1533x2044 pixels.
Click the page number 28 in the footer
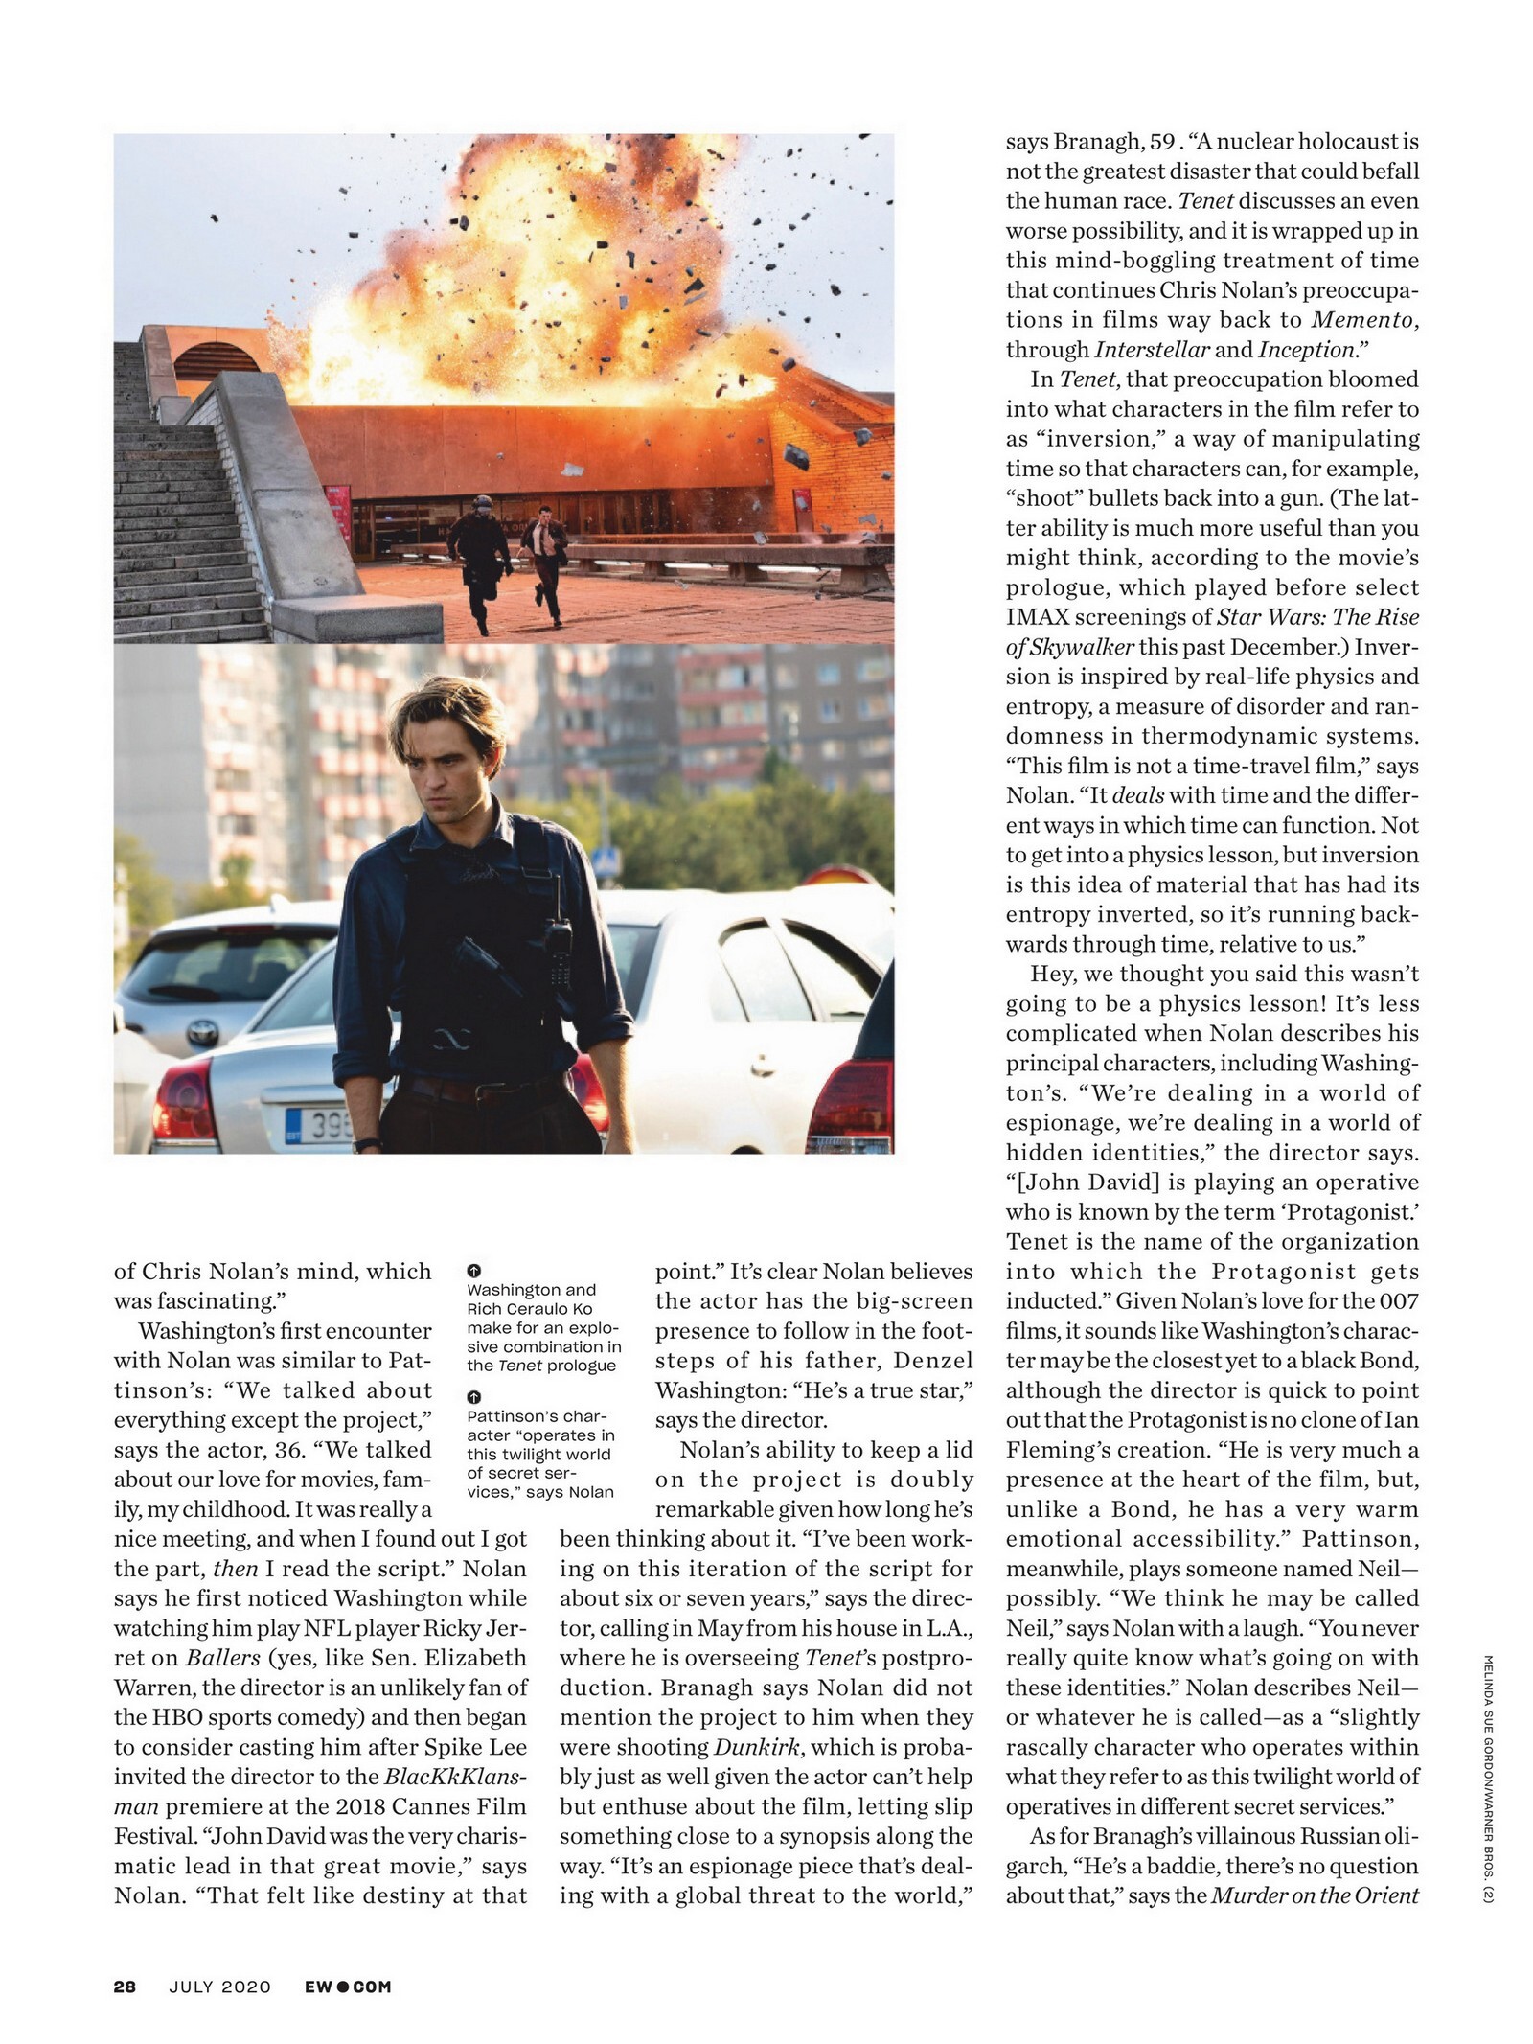coord(125,1987)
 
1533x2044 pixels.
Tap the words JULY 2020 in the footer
coord(220,1987)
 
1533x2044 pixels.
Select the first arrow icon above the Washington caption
coord(473,1271)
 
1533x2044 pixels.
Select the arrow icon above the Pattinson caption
coord(473,1397)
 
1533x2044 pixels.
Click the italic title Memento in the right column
coord(1364,320)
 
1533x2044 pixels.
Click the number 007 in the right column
coord(1398,1301)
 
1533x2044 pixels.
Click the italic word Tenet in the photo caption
coord(518,1366)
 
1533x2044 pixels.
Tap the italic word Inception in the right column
coord(1307,350)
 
